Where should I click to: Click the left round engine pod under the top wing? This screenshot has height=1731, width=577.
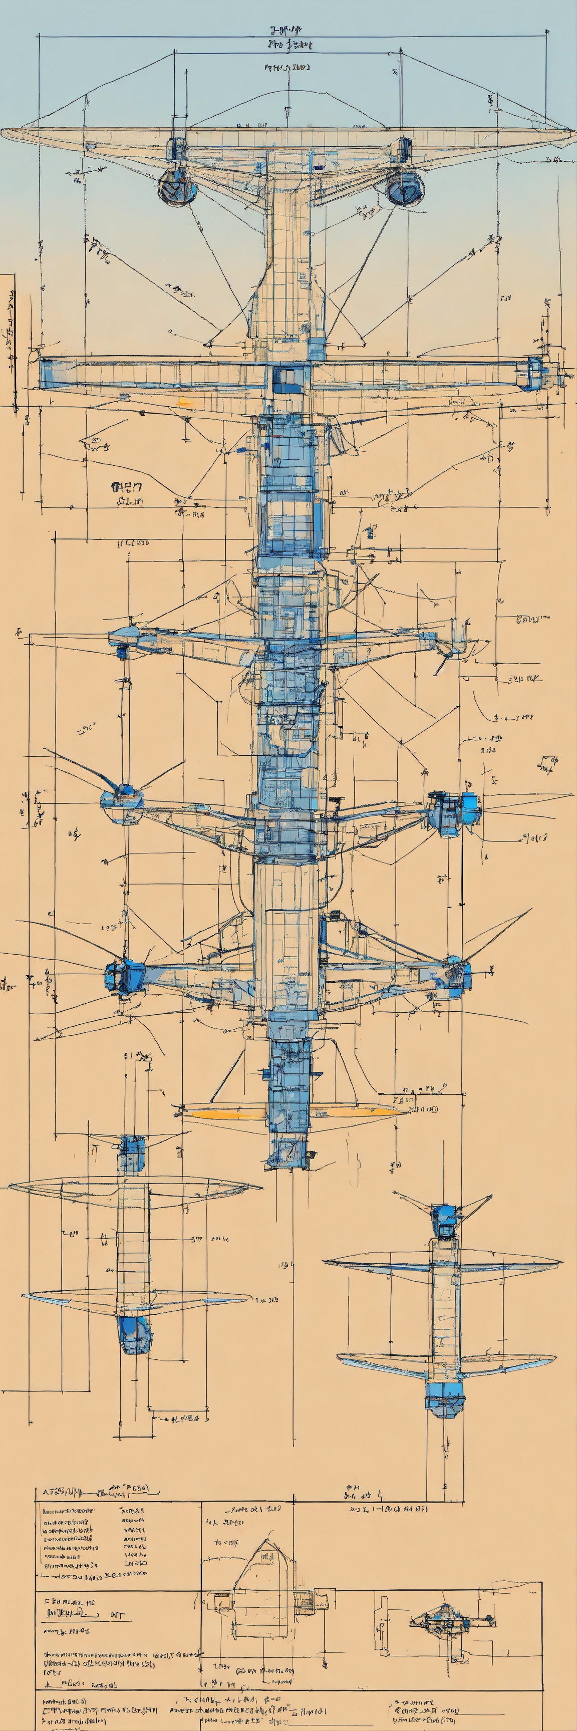[x=177, y=187]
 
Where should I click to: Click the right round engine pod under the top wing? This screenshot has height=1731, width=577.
[x=405, y=186]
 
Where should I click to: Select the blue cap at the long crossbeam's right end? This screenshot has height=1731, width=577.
[x=533, y=374]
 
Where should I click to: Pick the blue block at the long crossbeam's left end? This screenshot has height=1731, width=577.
[x=47, y=374]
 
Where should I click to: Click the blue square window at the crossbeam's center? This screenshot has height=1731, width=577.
[x=287, y=380]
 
